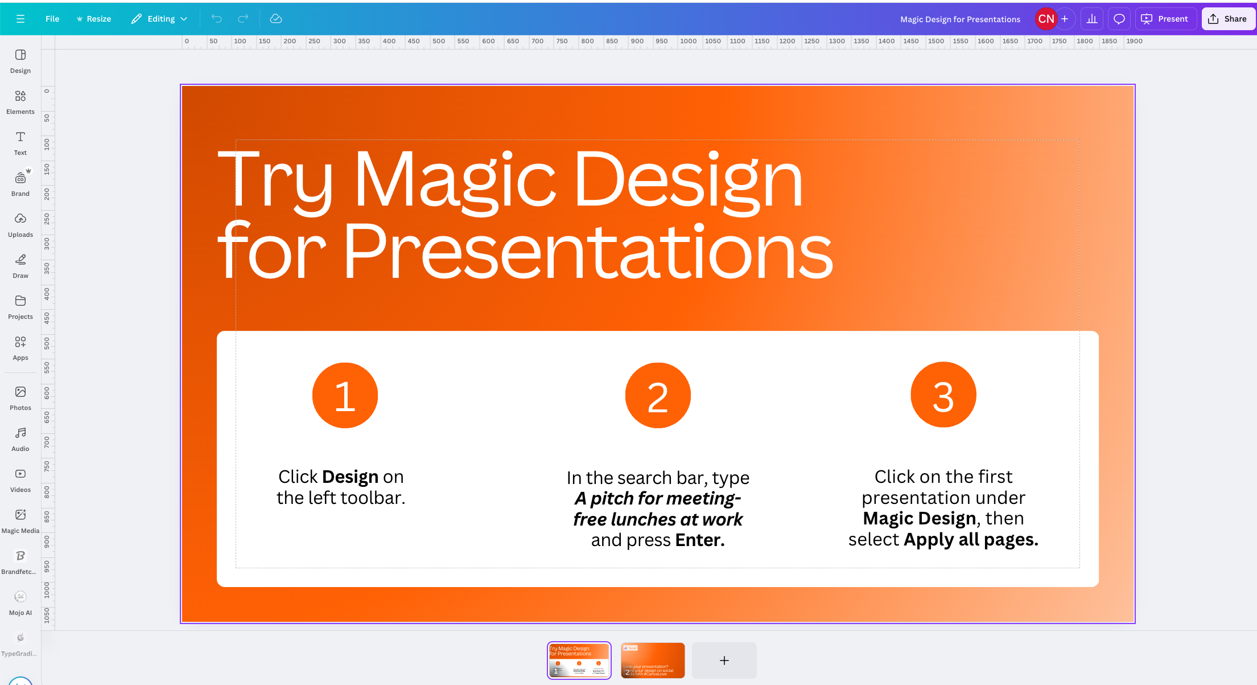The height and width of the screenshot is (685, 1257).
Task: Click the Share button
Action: click(1227, 19)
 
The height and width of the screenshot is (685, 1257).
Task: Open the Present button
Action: click(1165, 19)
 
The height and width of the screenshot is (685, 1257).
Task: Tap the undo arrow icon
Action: click(216, 19)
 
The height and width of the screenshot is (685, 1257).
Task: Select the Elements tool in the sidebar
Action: click(20, 101)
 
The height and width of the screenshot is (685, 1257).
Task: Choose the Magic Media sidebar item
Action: click(20, 520)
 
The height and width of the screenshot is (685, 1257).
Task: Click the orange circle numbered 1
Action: click(345, 395)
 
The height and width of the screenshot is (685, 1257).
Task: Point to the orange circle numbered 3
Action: click(943, 395)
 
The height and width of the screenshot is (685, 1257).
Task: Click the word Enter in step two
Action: click(699, 540)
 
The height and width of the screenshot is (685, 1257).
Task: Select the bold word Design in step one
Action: click(350, 477)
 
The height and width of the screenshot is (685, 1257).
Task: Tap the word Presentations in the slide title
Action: click(588, 251)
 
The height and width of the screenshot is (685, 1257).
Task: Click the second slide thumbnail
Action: click(652, 660)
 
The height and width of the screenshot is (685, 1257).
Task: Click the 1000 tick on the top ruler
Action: click(687, 42)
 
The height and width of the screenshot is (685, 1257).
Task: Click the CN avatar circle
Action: click(1045, 19)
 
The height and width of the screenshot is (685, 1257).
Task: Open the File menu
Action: click(52, 19)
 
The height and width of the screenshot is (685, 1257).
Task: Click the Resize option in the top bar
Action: click(94, 19)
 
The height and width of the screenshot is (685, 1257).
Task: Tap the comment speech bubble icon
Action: click(1119, 19)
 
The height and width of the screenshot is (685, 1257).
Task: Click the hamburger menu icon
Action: click(20, 19)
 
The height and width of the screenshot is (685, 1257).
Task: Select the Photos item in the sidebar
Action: click(20, 397)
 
